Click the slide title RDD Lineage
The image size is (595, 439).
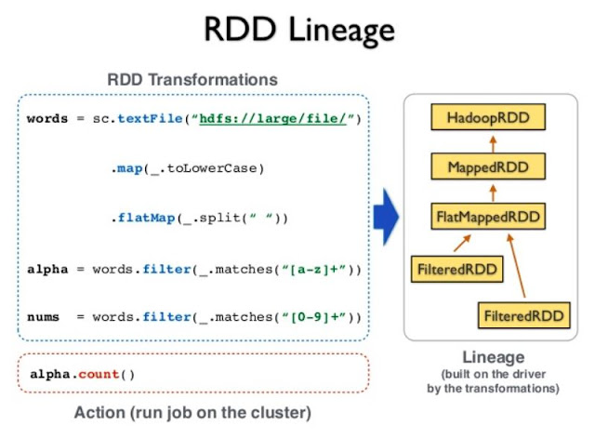click(297, 30)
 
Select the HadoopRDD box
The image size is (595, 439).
click(488, 118)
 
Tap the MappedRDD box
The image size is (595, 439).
click(488, 167)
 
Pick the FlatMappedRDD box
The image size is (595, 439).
click(488, 218)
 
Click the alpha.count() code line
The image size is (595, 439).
click(82, 374)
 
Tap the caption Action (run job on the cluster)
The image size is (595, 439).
click(192, 411)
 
